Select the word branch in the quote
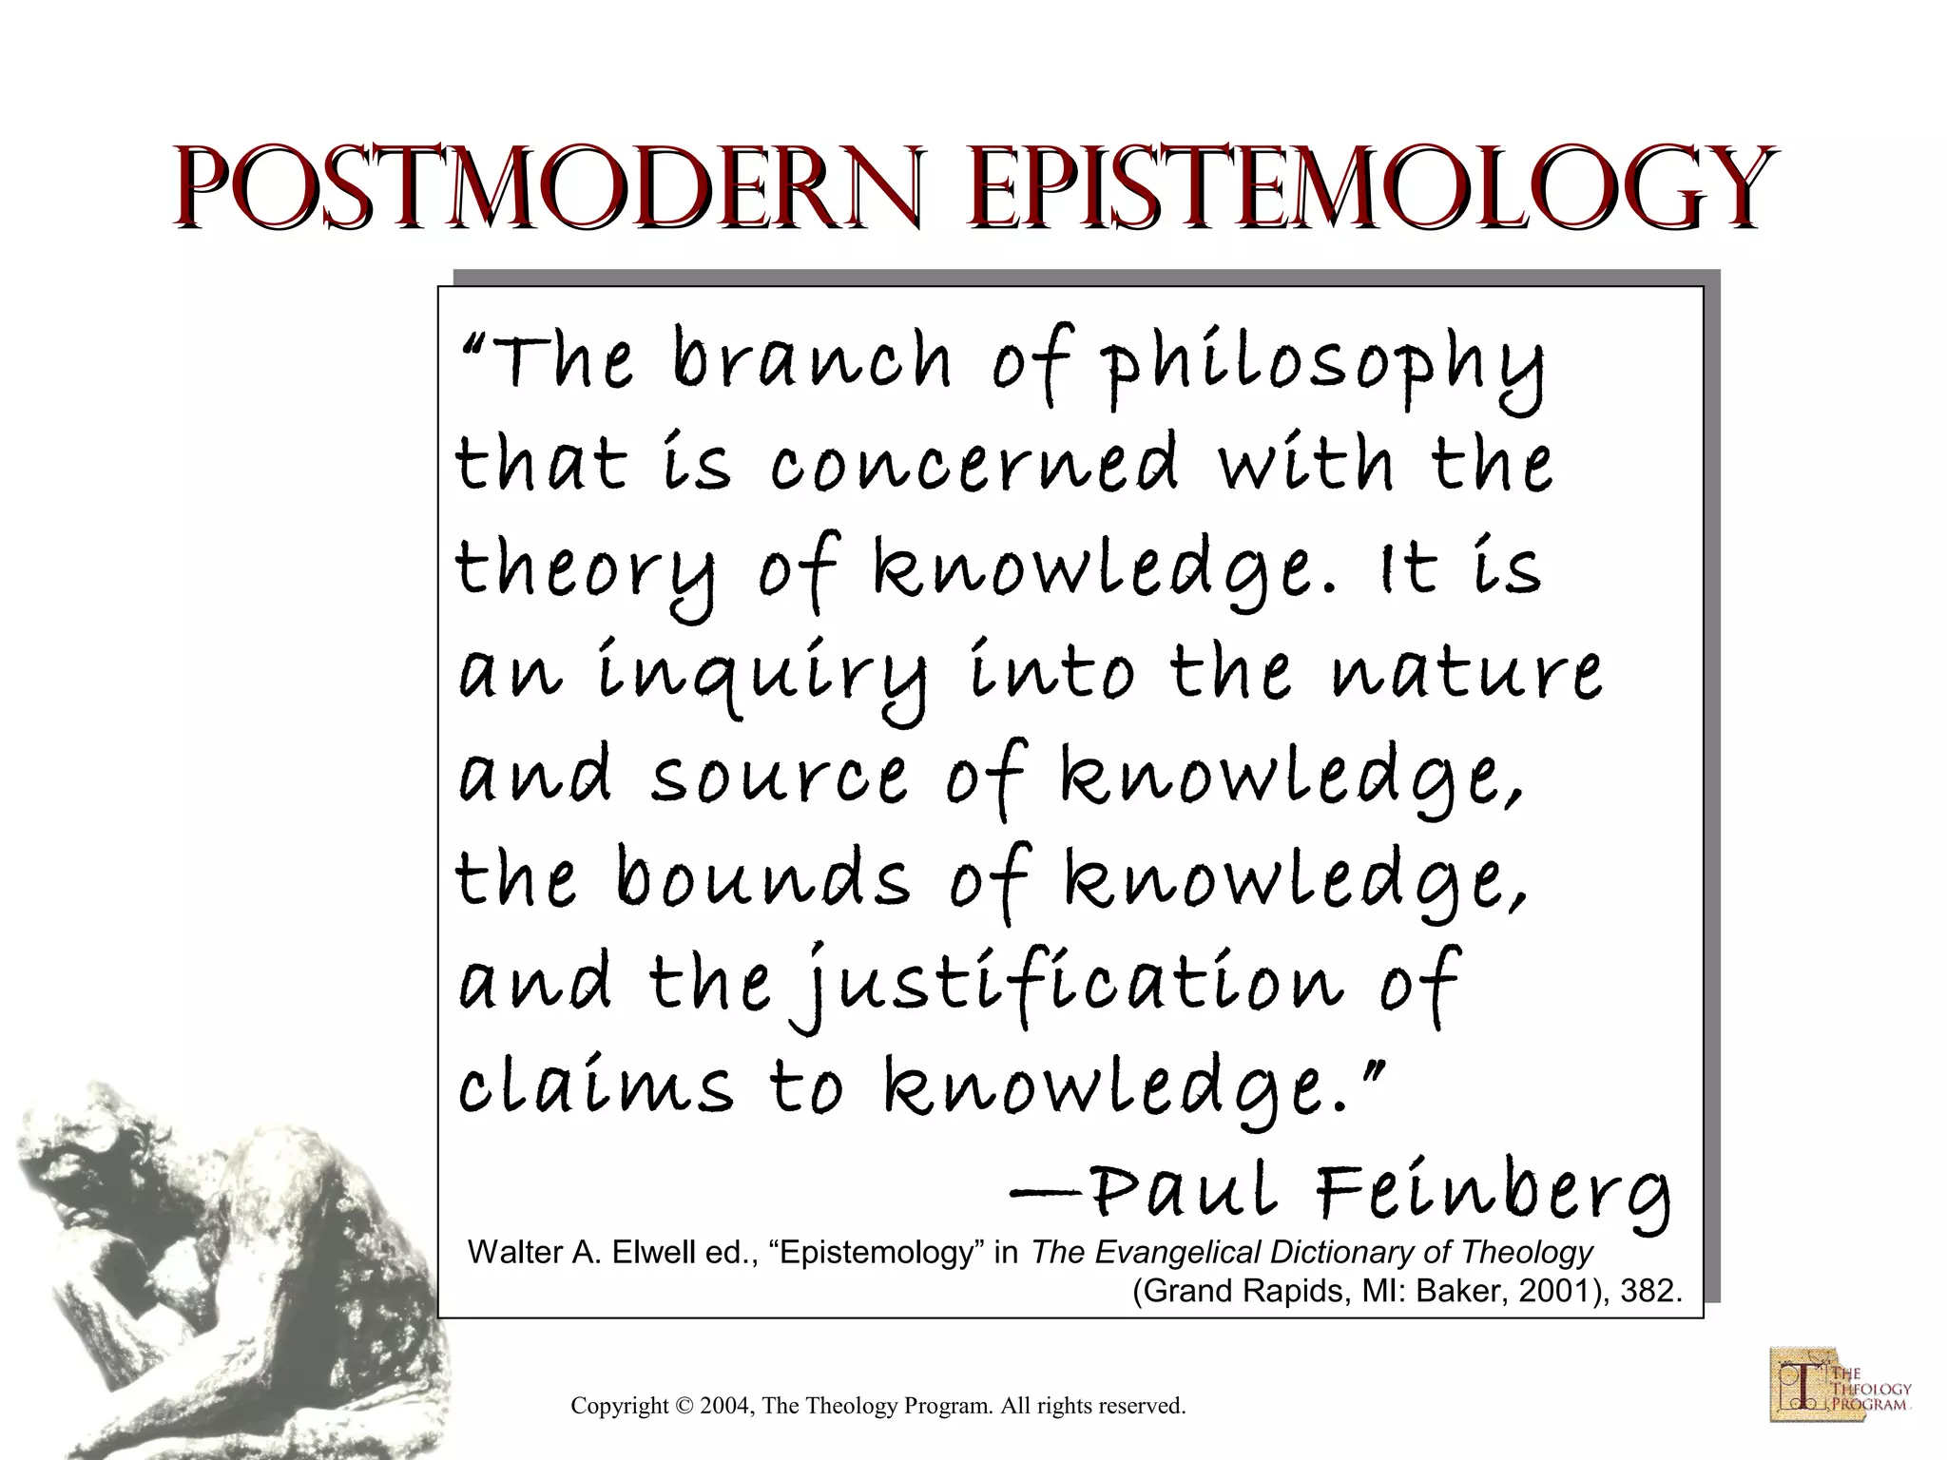tap(812, 362)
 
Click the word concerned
tap(974, 465)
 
